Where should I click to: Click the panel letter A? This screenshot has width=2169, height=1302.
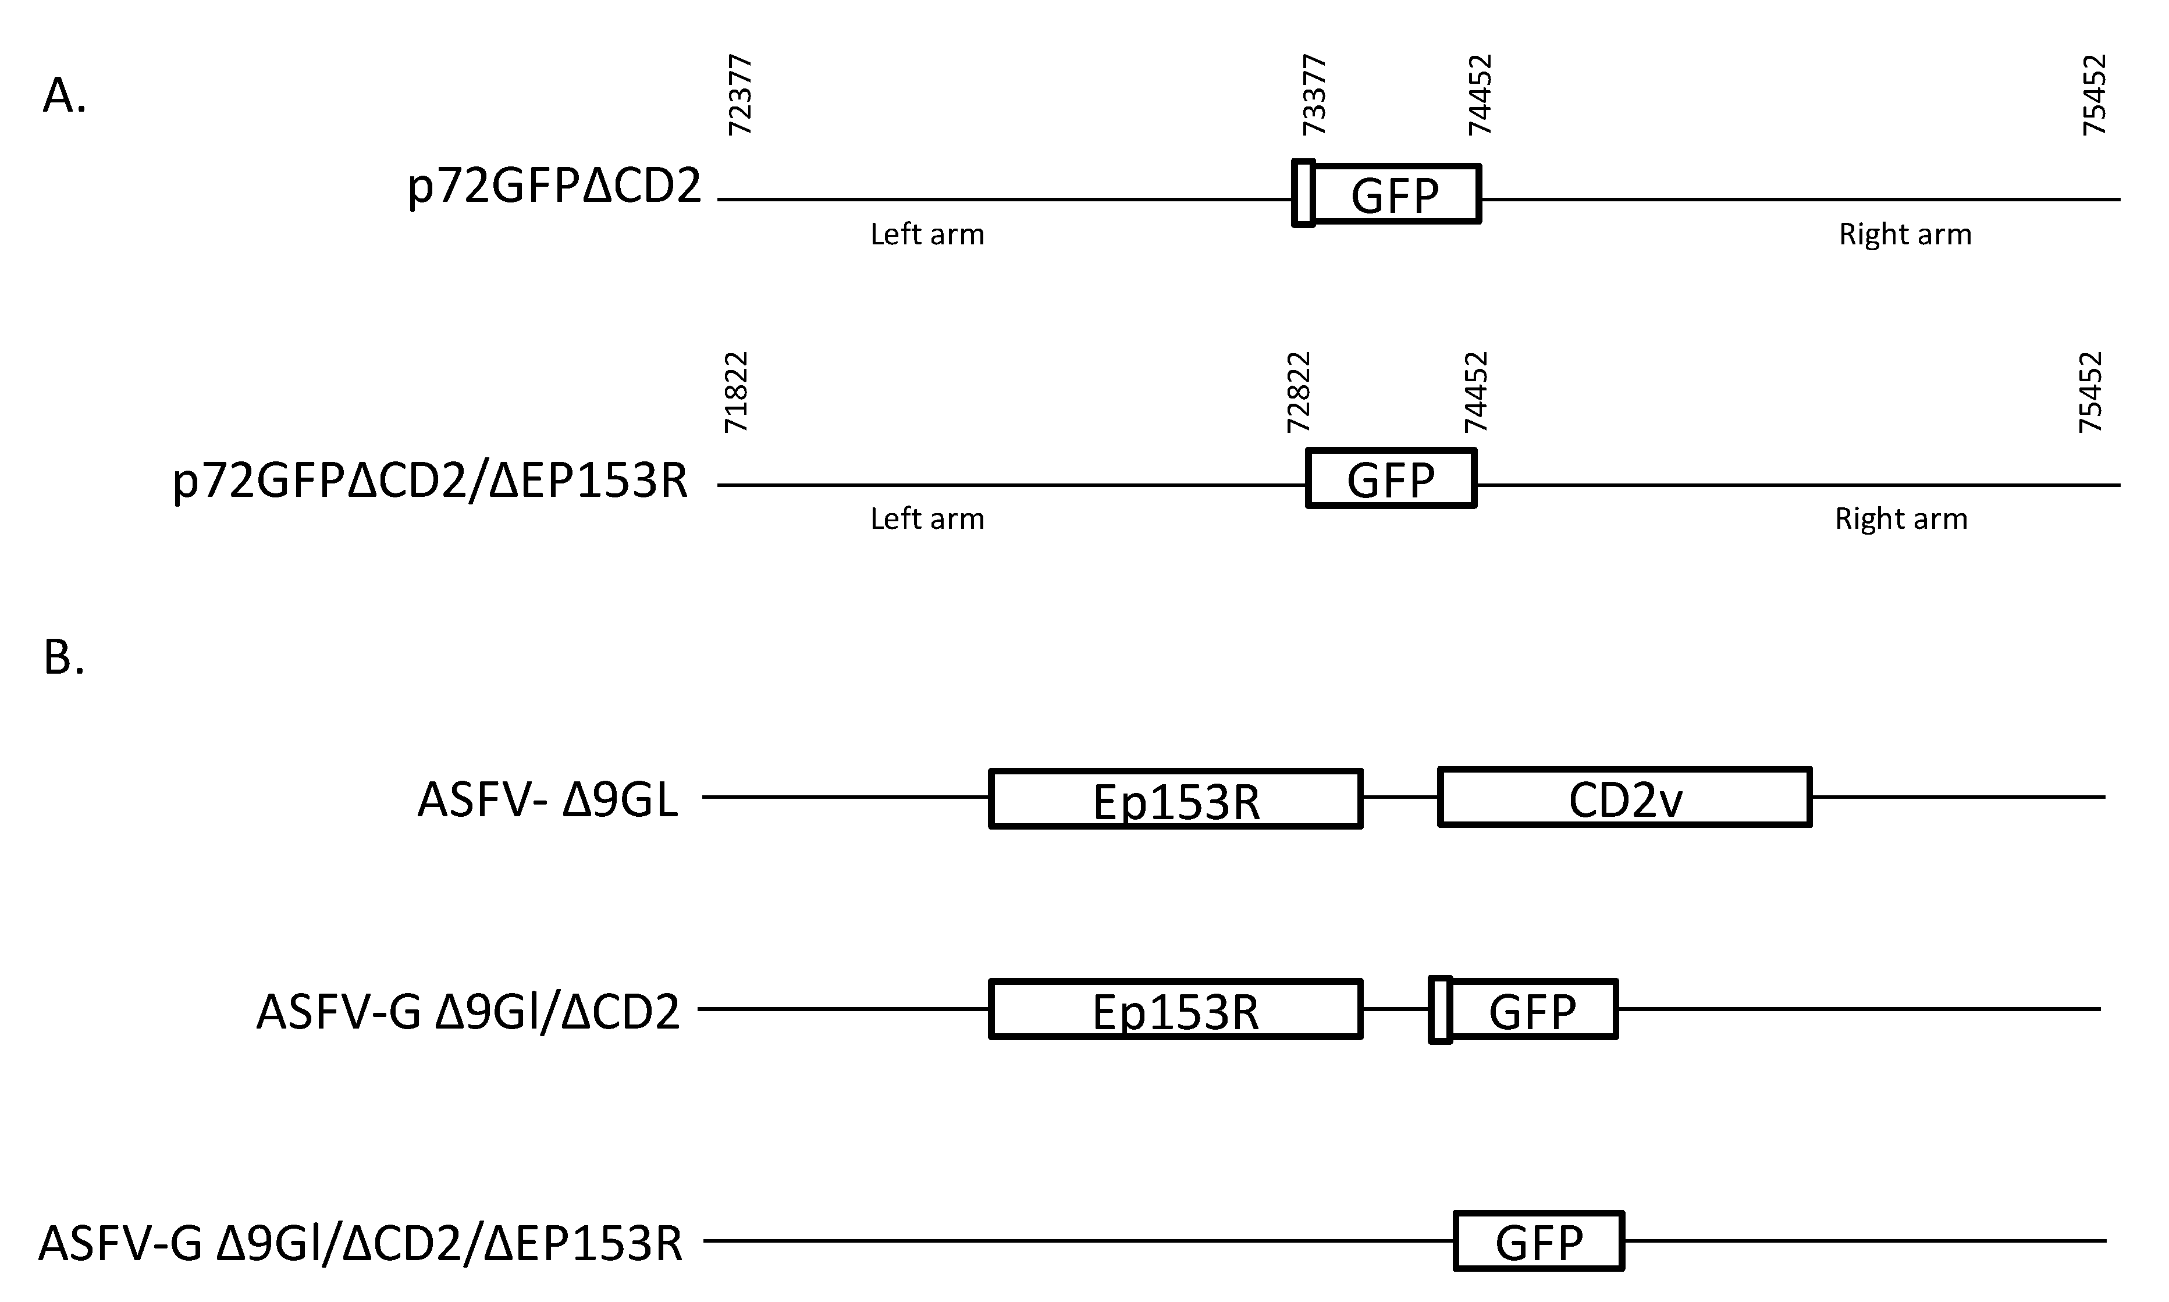pyautogui.click(x=64, y=95)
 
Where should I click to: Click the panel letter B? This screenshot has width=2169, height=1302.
pyautogui.click(x=63, y=657)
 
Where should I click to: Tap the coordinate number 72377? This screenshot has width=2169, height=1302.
pyautogui.click(x=739, y=95)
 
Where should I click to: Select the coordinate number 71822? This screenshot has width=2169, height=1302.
pyautogui.click(x=735, y=392)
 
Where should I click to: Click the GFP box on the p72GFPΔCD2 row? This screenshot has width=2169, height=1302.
pyautogui.click(x=1396, y=194)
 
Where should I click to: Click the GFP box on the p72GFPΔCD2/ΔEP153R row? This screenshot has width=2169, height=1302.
pyautogui.click(x=1391, y=478)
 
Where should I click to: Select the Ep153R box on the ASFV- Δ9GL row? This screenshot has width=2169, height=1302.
pyautogui.click(x=1176, y=798)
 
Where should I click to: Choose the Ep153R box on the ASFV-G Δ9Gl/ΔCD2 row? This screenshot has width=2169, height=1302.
pyautogui.click(x=1176, y=1009)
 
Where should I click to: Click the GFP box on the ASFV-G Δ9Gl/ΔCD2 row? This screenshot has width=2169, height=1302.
pyautogui.click(x=1532, y=1009)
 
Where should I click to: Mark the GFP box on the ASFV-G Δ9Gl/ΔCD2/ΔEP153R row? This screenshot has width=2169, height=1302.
pyautogui.click(x=1539, y=1240)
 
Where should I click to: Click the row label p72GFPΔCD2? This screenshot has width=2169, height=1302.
pyautogui.click(x=554, y=187)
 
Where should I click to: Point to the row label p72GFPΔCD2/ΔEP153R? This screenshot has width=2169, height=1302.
pyautogui.click(x=430, y=481)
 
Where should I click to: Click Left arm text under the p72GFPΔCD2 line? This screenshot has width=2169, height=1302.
pyautogui.click(x=927, y=234)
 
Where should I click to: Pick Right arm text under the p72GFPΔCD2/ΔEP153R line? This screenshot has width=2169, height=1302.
pyautogui.click(x=1901, y=518)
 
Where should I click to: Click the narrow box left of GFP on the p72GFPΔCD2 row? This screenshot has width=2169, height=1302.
pyautogui.click(x=1304, y=193)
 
